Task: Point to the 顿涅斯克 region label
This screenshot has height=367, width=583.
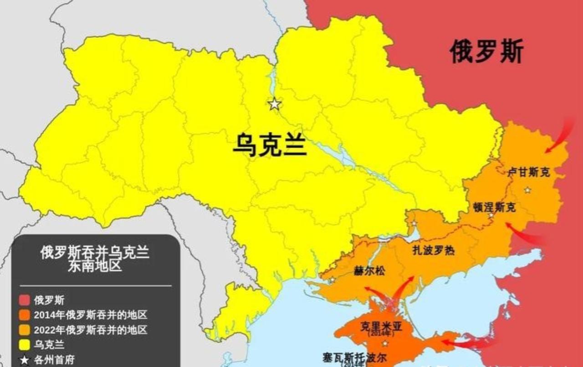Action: tap(494, 207)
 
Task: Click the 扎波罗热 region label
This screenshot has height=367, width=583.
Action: tap(433, 250)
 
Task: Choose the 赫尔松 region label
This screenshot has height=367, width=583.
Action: tap(369, 271)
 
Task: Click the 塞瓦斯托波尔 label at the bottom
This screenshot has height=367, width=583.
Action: tap(355, 357)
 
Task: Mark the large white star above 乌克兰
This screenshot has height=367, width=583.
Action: tap(274, 104)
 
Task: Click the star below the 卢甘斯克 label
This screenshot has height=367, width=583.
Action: tap(527, 190)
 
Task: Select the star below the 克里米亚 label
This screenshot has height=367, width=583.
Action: tap(385, 343)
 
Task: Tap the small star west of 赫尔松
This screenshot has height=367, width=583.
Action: tap(332, 279)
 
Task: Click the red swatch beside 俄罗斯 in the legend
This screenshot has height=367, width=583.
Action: tap(25, 300)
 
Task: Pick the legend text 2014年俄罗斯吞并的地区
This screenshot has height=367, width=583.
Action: tap(90, 315)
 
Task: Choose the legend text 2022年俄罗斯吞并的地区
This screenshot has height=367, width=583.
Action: tap(90, 330)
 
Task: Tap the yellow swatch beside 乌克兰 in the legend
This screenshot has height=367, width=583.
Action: tap(25, 345)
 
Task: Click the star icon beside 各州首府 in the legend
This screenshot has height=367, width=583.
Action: tap(25, 360)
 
